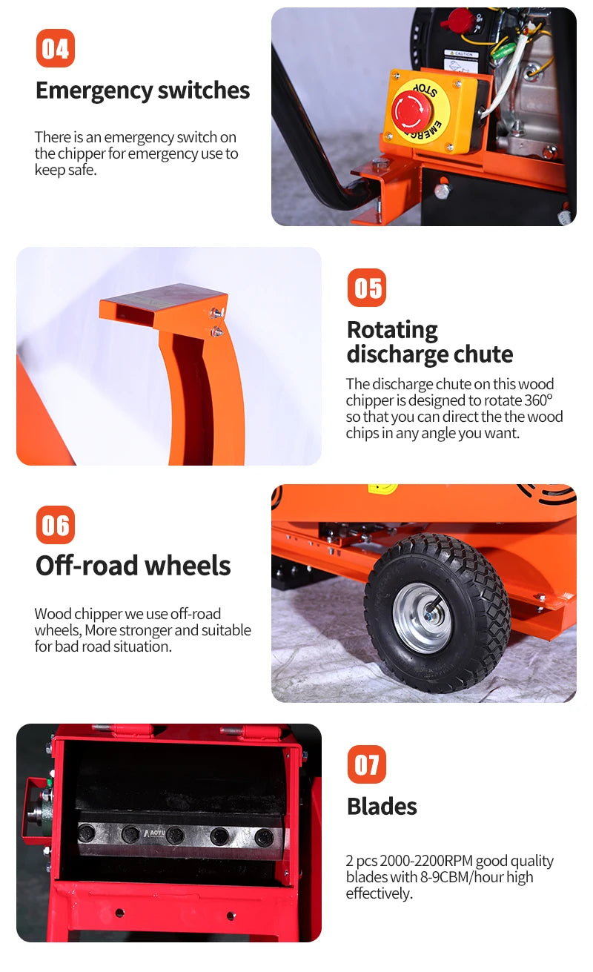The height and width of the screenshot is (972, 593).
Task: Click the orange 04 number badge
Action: pyautogui.click(x=56, y=48)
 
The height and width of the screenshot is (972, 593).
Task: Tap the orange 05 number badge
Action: pyautogui.click(x=367, y=288)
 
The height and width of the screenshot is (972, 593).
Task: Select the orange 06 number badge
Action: pyautogui.click(x=56, y=525)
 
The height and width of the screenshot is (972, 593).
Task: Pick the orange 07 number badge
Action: pyautogui.click(x=367, y=764)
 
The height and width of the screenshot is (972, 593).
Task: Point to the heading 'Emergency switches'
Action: pyautogui.click(x=143, y=91)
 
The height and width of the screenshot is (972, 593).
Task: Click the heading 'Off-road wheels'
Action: pyautogui.click(x=133, y=566)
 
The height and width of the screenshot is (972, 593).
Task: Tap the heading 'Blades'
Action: pyautogui.click(x=382, y=807)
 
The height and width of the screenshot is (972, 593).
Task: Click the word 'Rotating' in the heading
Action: pyautogui.click(x=393, y=331)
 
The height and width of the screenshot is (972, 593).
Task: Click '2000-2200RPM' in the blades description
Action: pyautogui.click(x=426, y=860)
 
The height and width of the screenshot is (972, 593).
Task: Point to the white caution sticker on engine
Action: pyautogui.click(x=462, y=60)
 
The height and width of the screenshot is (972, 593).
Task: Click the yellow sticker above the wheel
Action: pyautogui.click(x=382, y=489)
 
